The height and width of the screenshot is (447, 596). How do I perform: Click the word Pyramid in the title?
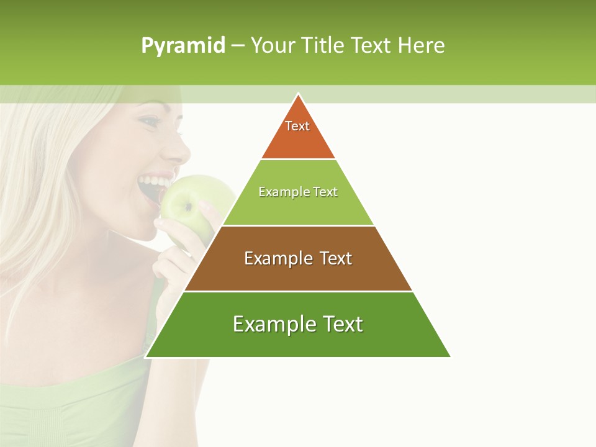[183, 46]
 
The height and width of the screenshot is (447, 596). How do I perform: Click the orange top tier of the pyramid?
[298, 140]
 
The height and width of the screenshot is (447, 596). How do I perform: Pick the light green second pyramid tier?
[298, 208]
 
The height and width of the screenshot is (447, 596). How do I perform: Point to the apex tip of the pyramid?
[298, 94]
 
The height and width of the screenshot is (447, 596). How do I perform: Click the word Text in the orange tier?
[297, 126]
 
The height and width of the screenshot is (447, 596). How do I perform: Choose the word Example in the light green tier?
[278, 192]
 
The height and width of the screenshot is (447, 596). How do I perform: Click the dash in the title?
[238, 46]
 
